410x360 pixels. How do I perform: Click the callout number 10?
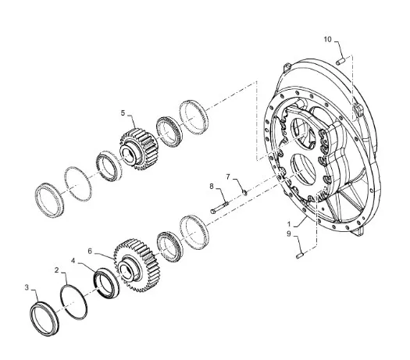327,40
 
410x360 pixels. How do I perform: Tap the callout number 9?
289,233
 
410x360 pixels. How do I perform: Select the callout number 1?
289,224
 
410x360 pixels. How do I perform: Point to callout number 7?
228,177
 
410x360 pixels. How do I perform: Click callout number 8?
212,187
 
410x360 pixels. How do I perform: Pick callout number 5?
123,113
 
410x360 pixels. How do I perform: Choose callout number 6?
90,251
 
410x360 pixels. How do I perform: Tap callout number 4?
73,261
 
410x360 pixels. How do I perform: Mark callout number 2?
57,270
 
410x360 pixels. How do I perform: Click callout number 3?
27,287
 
